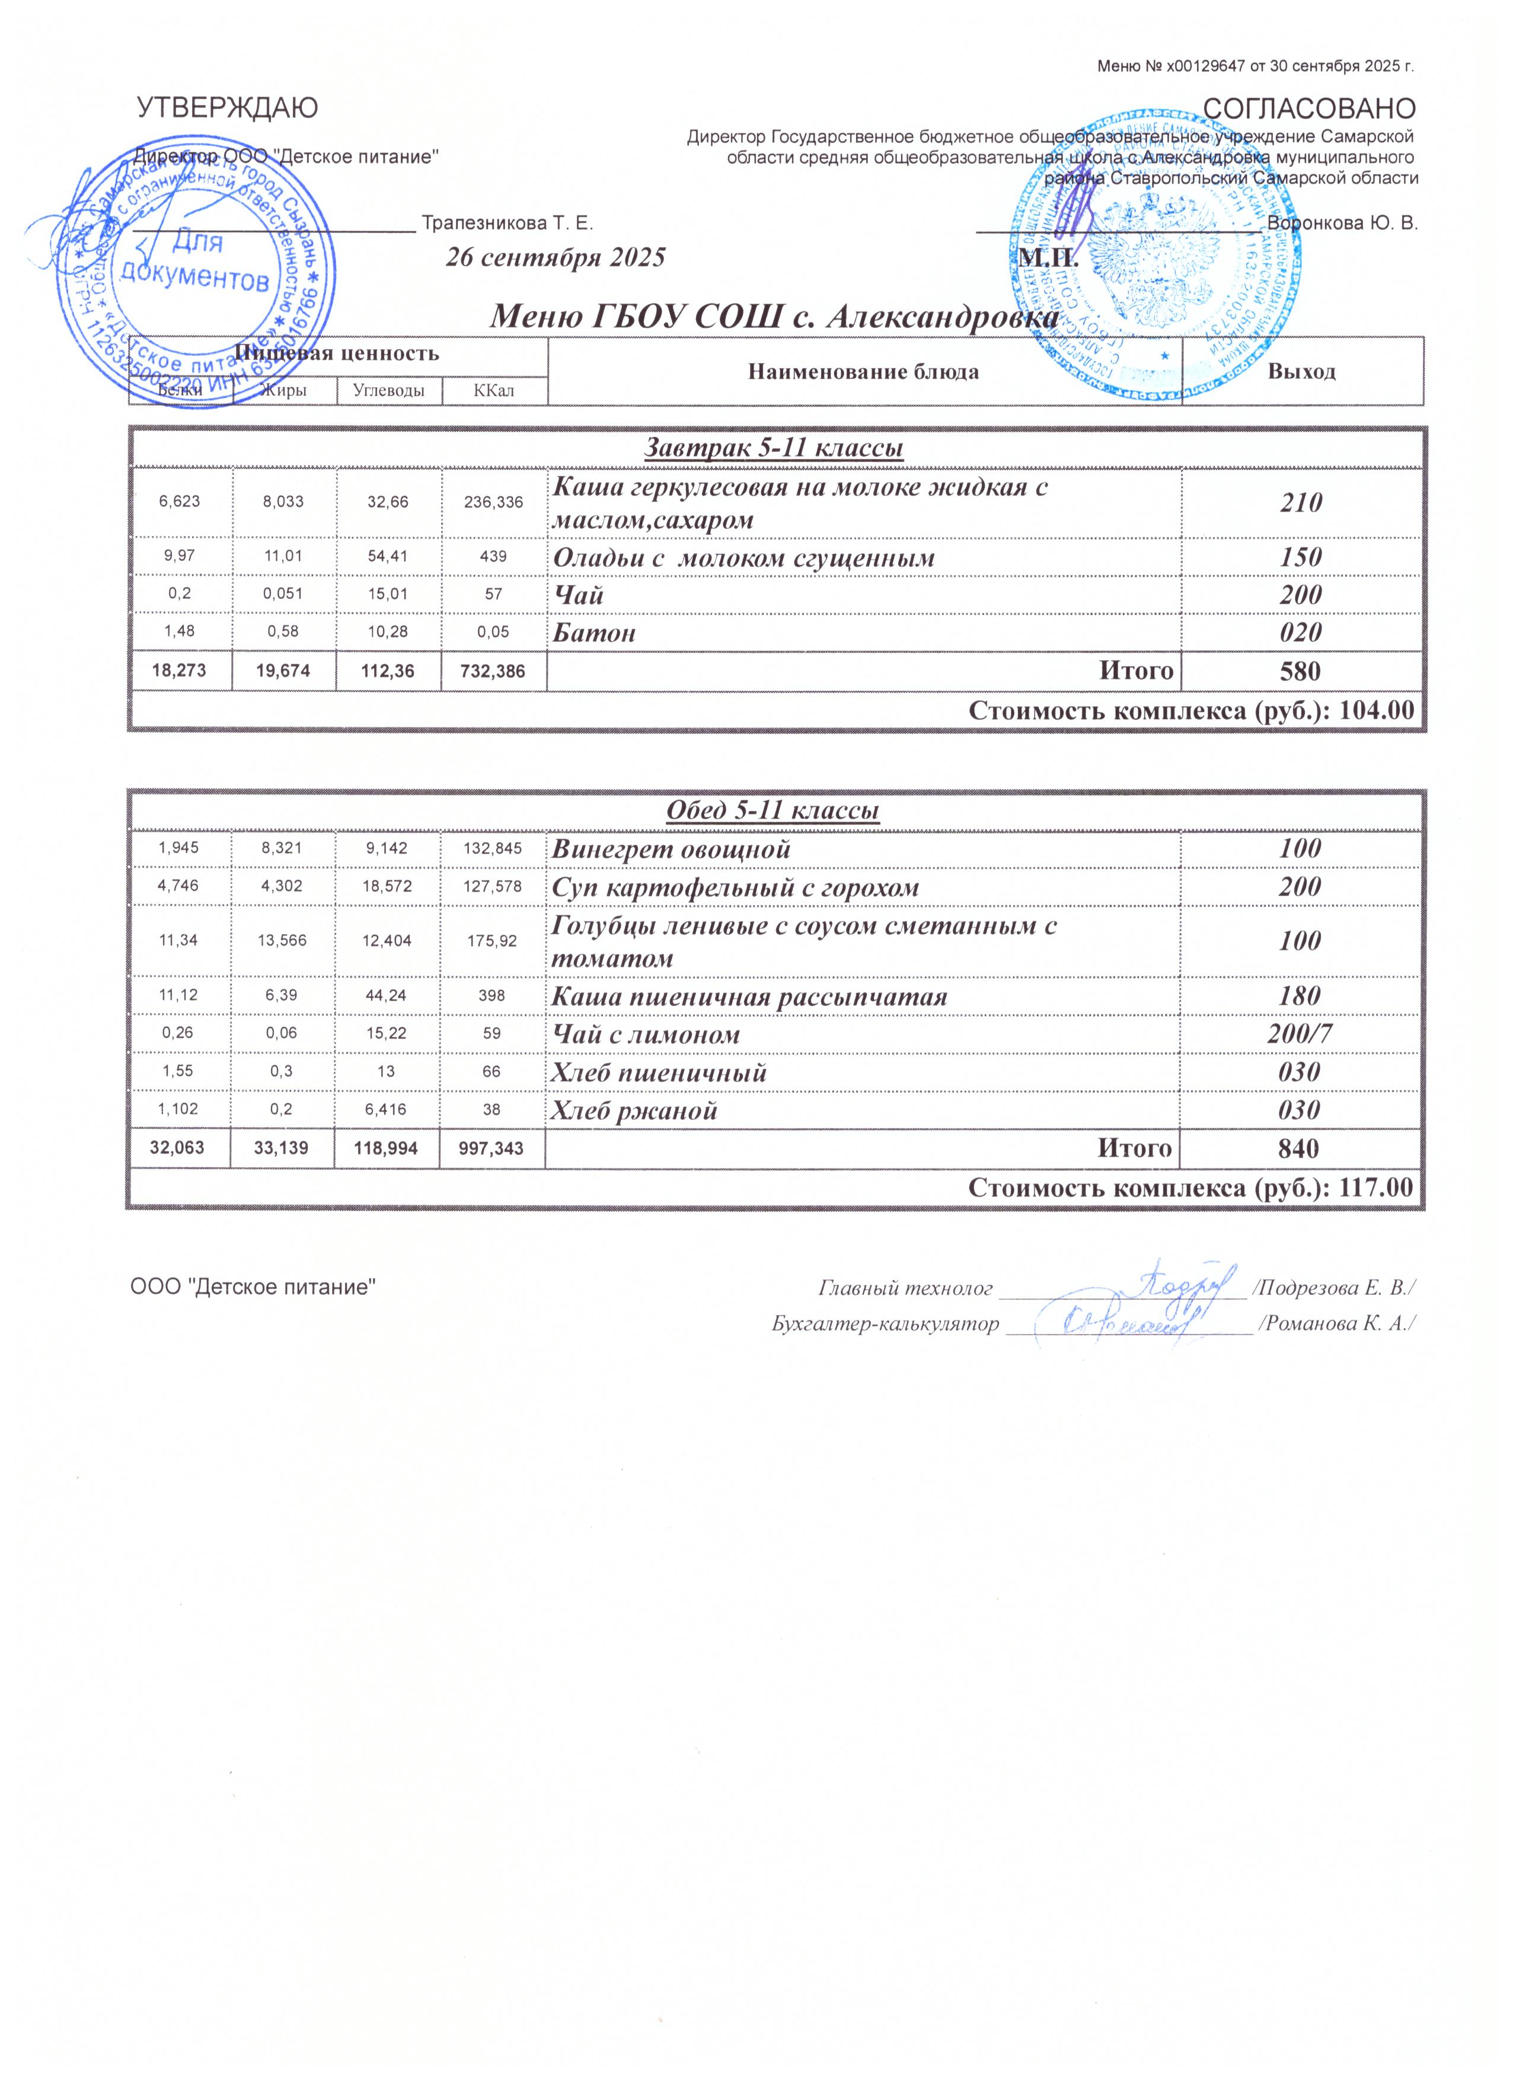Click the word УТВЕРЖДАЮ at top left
click(x=228, y=108)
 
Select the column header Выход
click(x=1301, y=372)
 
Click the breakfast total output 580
click(x=1301, y=671)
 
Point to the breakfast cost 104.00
click(x=1376, y=710)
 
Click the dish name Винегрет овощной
click(x=671, y=849)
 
